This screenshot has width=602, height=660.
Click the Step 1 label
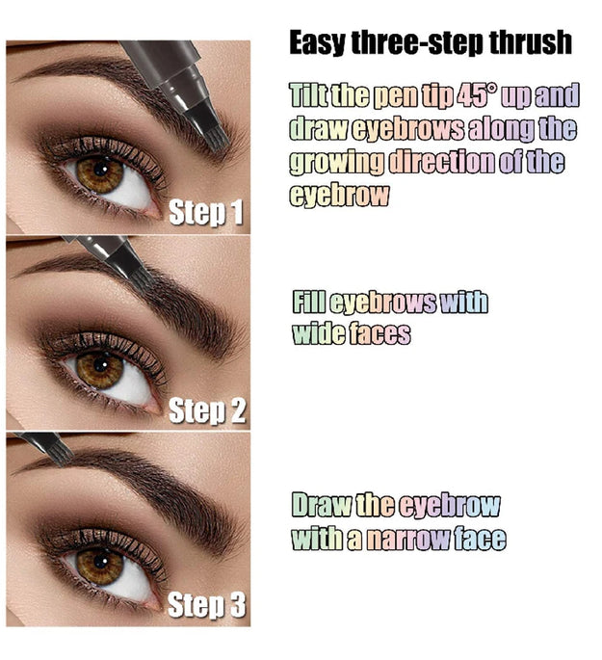pyautogui.click(x=206, y=213)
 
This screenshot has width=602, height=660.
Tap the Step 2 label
pyautogui.click(x=207, y=411)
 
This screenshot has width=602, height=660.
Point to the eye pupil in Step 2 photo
pyautogui.click(x=100, y=367)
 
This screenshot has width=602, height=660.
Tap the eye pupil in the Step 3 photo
pyautogui.click(x=100, y=566)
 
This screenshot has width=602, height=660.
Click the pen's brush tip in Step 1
pyautogui.click(x=214, y=136)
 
